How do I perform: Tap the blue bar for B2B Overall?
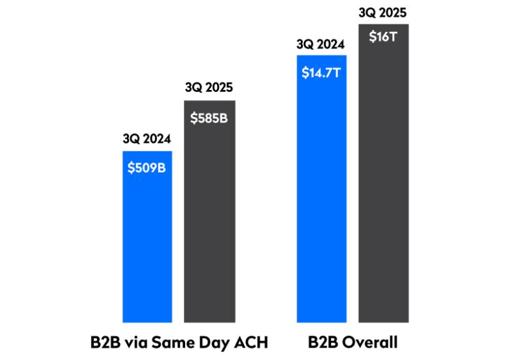(321, 200)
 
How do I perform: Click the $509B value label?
(147, 168)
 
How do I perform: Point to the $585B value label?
(209, 117)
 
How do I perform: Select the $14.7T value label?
(321, 72)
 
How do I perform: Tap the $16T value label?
(383, 37)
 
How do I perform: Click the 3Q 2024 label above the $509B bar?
(147, 139)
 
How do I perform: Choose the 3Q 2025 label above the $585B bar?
(209, 88)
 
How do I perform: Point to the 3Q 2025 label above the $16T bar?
(383, 11)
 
